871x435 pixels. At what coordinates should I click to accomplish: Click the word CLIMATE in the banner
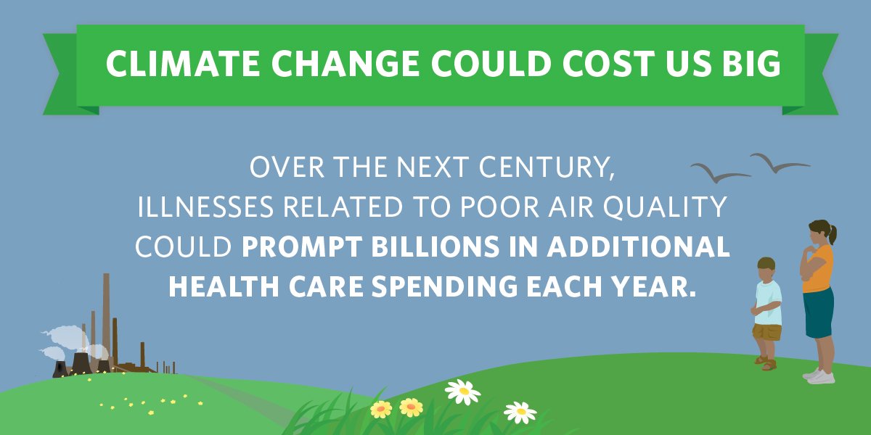click(183, 64)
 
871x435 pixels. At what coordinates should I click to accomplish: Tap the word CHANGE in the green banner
click(345, 64)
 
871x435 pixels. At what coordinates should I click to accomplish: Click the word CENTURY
click(547, 167)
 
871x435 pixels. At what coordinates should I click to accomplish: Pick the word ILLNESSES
click(205, 207)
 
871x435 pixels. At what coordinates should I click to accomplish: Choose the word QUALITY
click(665, 207)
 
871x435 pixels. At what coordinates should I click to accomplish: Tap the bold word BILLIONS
click(435, 246)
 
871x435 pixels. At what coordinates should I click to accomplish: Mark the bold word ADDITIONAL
click(638, 246)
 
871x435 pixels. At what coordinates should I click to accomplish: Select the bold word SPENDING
click(445, 286)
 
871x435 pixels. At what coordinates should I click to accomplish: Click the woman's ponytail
click(832, 234)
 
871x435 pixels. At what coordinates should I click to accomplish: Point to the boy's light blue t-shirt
click(768, 303)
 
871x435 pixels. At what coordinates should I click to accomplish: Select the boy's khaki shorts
click(766, 332)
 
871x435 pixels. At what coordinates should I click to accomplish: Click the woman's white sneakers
click(819, 376)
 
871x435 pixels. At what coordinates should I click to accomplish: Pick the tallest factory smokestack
click(106, 320)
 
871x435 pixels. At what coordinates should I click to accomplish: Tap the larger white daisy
click(463, 391)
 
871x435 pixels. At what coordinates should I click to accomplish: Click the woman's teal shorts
click(819, 313)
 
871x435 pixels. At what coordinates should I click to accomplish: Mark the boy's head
click(766, 270)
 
